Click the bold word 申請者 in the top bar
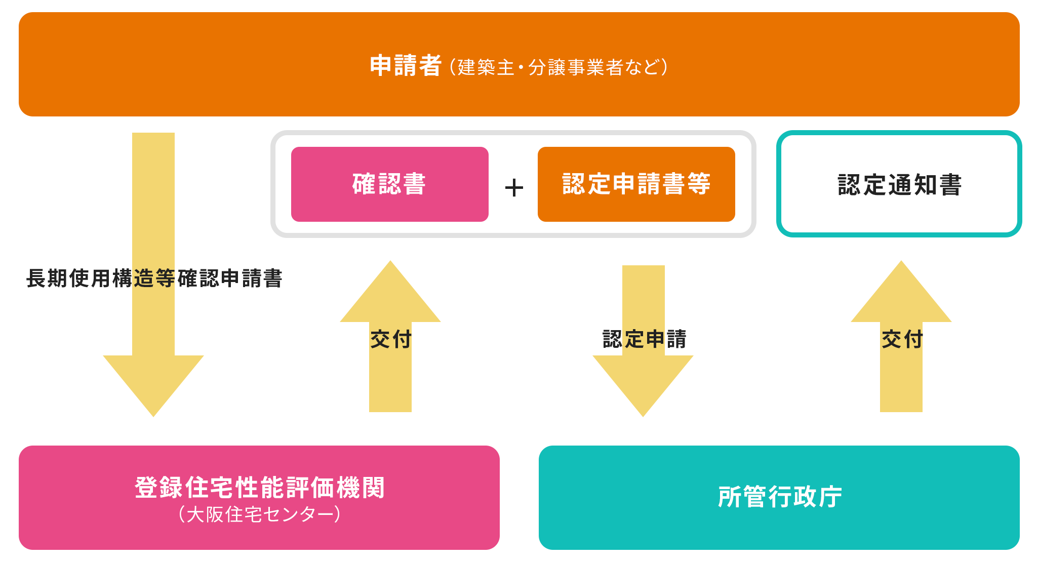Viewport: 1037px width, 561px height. click(x=405, y=66)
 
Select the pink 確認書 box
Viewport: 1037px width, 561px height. click(x=389, y=184)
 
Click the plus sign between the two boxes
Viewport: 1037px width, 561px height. click(x=514, y=188)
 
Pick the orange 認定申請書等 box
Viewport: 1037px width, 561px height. click(x=636, y=184)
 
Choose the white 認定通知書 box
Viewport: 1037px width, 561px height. click(x=899, y=184)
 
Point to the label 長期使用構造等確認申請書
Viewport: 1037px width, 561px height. click(x=154, y=278)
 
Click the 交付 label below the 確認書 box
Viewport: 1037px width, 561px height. click(x=391, y=339)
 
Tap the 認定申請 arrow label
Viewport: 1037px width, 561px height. click(x=644, y=339)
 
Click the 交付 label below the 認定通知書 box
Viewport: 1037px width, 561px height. click(x=902, y=339)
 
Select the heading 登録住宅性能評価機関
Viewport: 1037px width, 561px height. click(x=259, y=488)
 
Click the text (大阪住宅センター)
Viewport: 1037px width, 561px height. click(x=259, y=514)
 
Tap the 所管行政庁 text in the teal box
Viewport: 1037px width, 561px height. click(x=780, y=497)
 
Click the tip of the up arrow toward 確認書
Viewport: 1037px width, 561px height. click(x=390, y=262)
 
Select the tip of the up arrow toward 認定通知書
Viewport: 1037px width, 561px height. click(x=901, y=262)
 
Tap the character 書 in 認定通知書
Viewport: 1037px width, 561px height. click(x=950, y=185)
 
